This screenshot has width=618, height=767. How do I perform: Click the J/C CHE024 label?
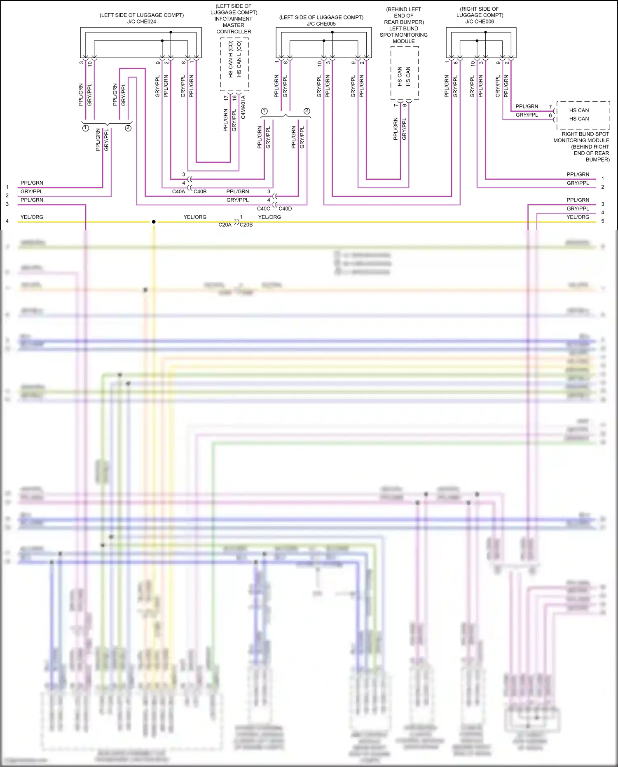tap(141, 22)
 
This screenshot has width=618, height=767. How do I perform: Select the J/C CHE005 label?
tap(321, 24)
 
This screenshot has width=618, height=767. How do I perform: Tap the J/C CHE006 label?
tap(480, 22)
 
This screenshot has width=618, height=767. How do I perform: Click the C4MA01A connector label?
tap(243, 108)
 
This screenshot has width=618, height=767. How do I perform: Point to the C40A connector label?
tap(178, 192)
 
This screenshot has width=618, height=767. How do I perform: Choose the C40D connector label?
tap(285, 209)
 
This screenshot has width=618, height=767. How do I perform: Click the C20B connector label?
tap(246, 225)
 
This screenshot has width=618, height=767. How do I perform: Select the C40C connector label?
tap(264, 209)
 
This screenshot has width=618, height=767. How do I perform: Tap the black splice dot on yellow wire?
tap(154, 222)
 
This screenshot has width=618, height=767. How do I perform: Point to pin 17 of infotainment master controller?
tap(226, 98)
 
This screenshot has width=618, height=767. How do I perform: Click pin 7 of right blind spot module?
tap(550, 107)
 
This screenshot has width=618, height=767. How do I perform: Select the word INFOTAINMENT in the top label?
tap(233, 19)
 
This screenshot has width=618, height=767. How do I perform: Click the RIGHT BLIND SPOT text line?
tap(585, 134)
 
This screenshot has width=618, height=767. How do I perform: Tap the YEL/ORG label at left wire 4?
tap(32, 217)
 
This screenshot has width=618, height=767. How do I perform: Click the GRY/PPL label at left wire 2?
tap(32, 192)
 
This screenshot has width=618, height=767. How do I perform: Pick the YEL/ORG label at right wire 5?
tap(578, 217)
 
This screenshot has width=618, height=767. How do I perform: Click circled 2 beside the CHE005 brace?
tap(307, 111)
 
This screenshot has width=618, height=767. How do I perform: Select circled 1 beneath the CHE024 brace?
tap(86, 128)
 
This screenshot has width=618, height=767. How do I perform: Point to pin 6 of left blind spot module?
tap(405, 106)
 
